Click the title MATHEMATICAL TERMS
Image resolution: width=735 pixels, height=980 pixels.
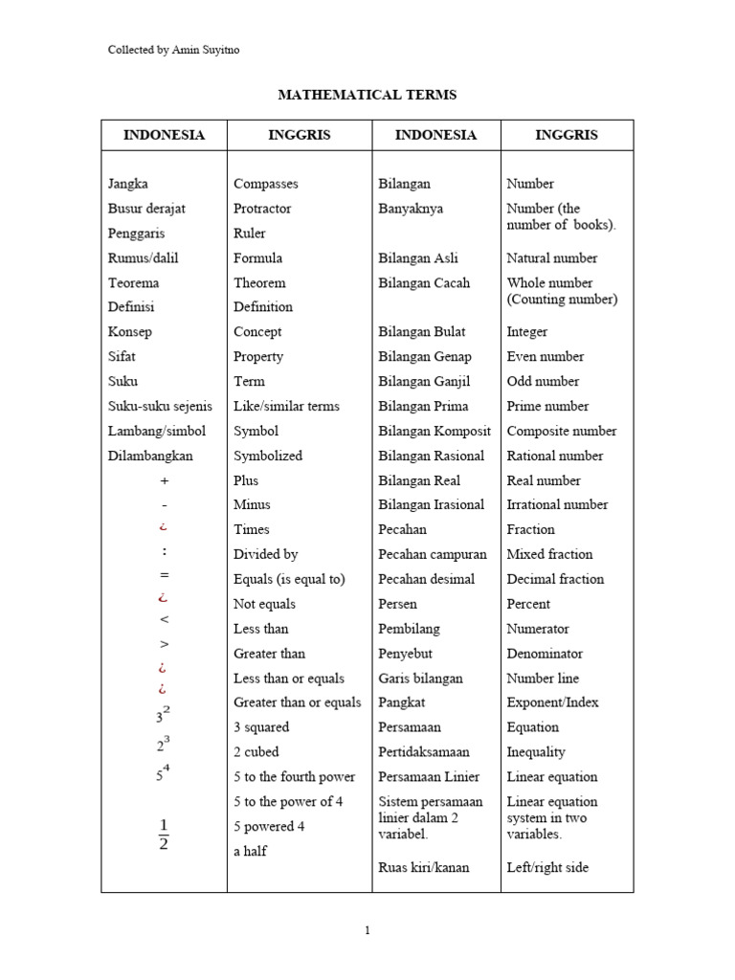367,95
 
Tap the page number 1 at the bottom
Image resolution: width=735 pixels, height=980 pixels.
367,929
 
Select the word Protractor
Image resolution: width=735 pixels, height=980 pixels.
262,209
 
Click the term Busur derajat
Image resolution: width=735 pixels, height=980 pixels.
145,209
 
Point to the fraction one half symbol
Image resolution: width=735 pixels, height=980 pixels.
163,834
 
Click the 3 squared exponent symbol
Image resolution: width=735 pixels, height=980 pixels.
164,714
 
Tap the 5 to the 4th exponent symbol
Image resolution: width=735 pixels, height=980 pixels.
164,773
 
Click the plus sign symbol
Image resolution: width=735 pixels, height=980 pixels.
164,480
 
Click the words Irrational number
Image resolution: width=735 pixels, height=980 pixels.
557,504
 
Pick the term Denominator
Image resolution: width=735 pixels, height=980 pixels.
545,654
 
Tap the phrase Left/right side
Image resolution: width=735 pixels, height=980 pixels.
547,868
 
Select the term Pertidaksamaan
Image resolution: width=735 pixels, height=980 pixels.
430,752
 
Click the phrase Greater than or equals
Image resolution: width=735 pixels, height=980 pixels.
297,702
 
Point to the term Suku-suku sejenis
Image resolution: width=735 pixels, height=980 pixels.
160,406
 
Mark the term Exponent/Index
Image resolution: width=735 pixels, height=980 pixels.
552,702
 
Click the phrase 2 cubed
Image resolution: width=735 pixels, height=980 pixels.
256,752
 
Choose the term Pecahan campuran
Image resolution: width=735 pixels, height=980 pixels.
433,554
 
